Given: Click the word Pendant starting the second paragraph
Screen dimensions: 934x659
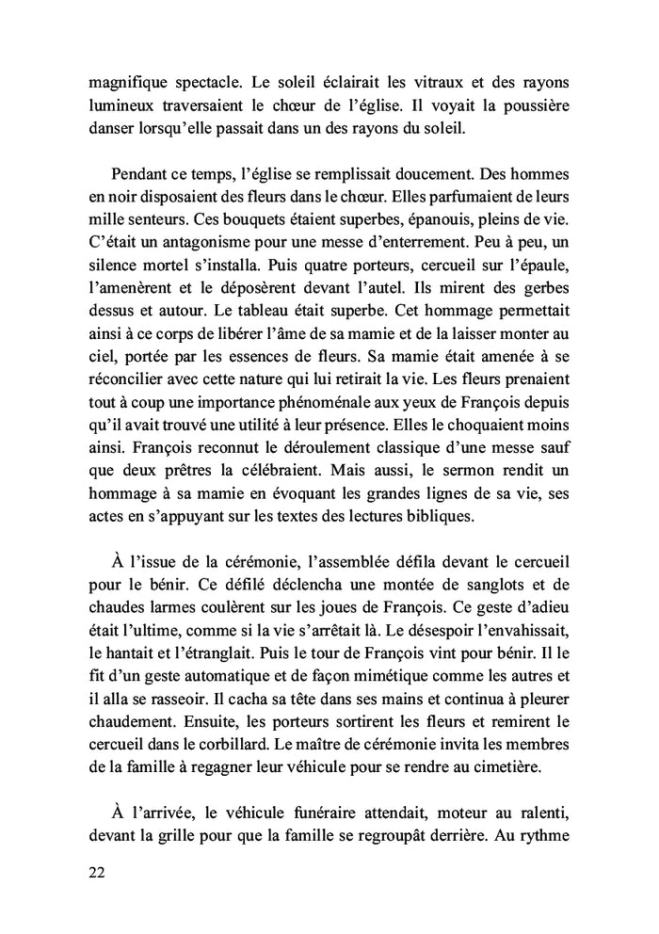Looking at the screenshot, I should tap(141, 174).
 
